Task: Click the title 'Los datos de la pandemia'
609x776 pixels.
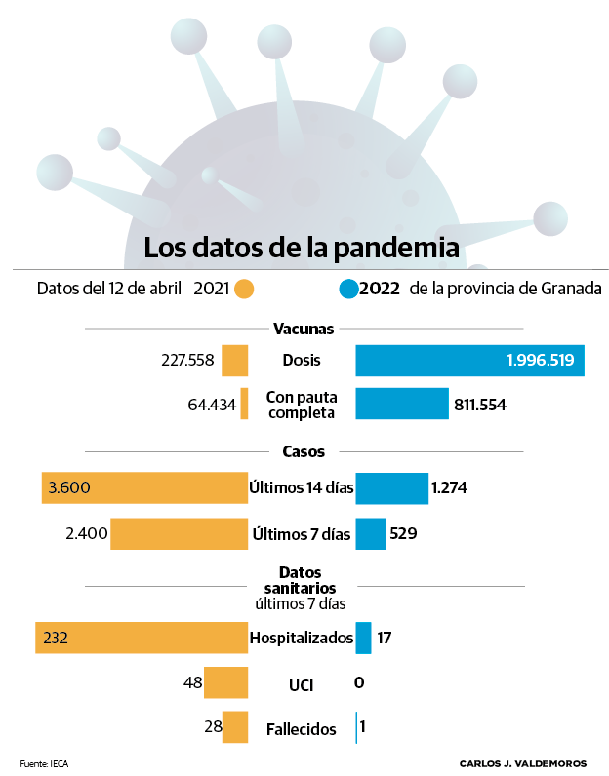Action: point(301,248)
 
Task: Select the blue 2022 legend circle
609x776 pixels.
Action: point(347,290)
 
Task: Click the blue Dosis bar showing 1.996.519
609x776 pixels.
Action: point(469,361)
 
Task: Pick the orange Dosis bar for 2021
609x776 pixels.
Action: point(235,361)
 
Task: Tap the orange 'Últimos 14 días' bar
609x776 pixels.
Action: point(144,487)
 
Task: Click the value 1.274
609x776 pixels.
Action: point(450,487)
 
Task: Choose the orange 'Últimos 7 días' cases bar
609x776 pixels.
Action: point(179,534)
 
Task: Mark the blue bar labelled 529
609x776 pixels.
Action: point(371,534)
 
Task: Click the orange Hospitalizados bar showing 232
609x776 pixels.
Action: point(142,639)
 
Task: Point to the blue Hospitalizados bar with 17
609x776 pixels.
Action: point(363,639)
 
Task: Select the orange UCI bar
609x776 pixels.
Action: point(225,683)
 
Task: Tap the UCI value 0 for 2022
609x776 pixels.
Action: point(359,683)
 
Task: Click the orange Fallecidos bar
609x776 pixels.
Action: point(235,727)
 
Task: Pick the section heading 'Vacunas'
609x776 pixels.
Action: point(304,330)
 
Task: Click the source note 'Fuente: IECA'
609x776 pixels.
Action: point(44,762)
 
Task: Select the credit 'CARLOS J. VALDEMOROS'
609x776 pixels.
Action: point(522,762)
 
